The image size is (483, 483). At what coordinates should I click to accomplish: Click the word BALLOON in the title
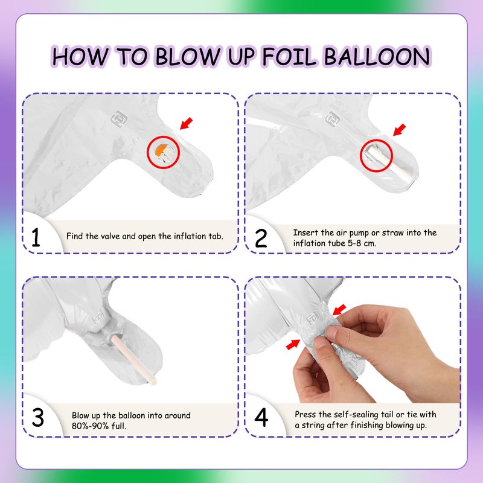tap(377, 56)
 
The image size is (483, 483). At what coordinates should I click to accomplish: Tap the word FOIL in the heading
tap(289, 56)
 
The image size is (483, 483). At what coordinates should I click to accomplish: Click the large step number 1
tap(36, 237)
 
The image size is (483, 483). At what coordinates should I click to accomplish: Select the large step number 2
tap(261, 238)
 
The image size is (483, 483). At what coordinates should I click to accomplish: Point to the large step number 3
tap(38, 417)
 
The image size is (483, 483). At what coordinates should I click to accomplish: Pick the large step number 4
tap(261, 417)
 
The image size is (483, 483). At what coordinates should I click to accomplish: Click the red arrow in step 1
tap(186, 123)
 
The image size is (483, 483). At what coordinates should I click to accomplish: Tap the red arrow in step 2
tap(399, 130)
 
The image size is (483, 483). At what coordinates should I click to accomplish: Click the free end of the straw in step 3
tap(153, 382)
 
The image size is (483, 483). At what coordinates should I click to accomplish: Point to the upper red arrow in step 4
tap(339, 310)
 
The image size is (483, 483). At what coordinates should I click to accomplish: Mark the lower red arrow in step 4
tap(293, 344)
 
